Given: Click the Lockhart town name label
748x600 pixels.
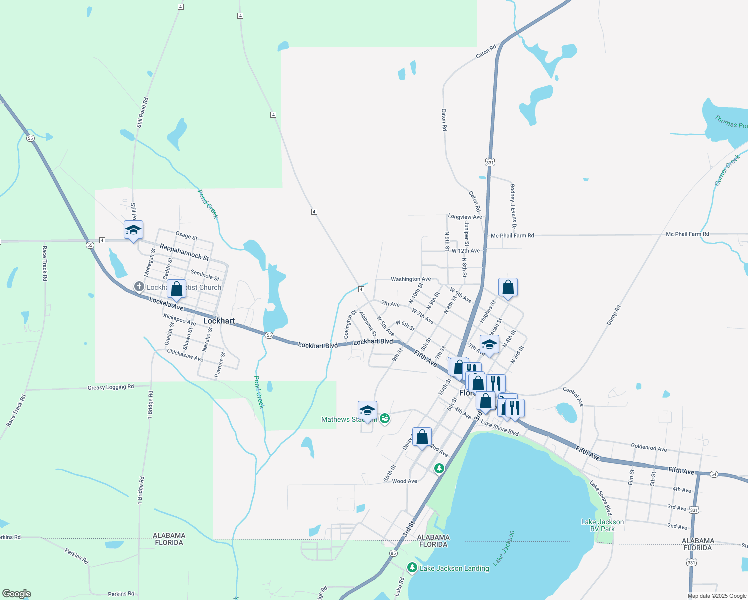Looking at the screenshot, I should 219,321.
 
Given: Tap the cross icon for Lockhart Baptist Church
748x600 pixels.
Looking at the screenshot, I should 139,287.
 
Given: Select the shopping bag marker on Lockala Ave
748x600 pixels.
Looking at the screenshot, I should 176,288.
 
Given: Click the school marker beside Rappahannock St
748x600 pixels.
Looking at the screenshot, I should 133,230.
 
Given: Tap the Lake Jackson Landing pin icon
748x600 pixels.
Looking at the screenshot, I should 412,567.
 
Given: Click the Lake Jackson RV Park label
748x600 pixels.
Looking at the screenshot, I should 602,525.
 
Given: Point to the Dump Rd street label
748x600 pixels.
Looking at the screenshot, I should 614,315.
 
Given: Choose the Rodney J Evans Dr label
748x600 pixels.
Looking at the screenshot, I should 513,206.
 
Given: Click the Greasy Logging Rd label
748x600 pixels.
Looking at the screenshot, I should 111,387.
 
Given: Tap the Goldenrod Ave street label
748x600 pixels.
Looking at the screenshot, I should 649,448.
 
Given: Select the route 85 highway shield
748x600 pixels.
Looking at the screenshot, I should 394,553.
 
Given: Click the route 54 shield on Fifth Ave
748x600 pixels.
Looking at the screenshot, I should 714,474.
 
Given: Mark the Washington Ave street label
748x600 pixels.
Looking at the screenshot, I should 411,279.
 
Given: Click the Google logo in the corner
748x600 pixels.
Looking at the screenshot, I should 16,594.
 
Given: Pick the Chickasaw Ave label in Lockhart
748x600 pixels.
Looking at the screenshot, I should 185,355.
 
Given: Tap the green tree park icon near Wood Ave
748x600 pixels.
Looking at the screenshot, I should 439,468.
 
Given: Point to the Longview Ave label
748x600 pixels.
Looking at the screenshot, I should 465,217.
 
